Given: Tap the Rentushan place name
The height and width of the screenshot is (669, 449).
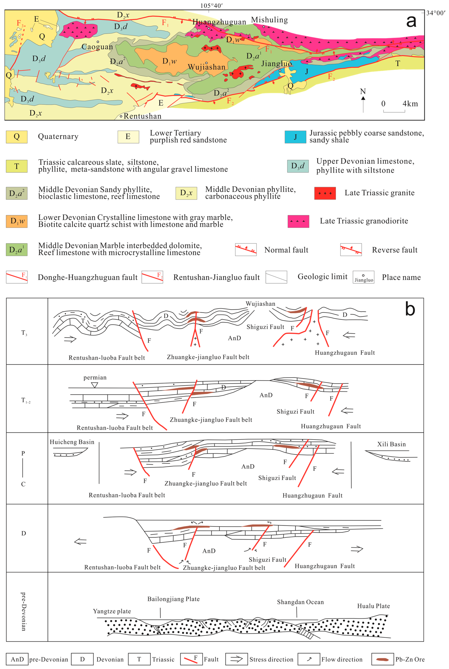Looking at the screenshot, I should (142, 116).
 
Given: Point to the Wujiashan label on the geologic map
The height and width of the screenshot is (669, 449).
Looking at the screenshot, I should (206, 67).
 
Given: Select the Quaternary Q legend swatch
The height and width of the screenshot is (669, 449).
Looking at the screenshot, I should (17, 137).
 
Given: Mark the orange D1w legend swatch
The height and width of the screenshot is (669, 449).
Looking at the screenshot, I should (17, 221).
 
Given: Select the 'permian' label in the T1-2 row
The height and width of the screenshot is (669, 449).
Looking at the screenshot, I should (95, 378).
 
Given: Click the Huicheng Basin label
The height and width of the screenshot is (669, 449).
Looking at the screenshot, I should (72, 442).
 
